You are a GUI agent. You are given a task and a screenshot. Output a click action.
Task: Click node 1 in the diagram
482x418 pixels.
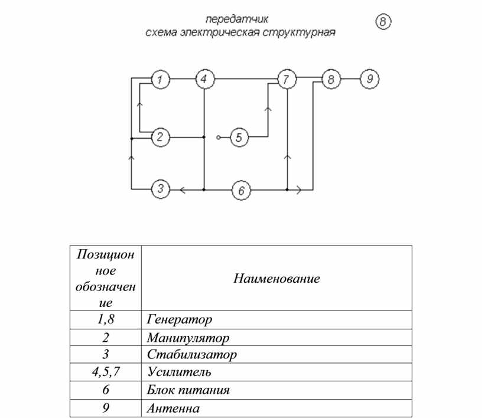161,79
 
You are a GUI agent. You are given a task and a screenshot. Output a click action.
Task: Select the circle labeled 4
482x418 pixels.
205,79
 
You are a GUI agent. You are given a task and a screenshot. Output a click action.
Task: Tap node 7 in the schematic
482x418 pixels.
287,79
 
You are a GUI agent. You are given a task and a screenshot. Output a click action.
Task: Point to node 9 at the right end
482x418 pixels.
369,79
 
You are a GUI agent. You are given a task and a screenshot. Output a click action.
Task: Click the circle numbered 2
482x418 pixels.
161,137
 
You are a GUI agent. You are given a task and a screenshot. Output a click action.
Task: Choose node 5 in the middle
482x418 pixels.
239,138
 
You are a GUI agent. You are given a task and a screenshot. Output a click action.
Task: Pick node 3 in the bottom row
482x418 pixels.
161,189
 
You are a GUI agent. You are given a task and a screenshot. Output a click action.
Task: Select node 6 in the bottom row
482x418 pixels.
241,190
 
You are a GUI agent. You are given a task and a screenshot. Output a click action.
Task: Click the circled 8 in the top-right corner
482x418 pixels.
383,21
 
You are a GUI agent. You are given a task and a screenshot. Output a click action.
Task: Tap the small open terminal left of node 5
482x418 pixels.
219,138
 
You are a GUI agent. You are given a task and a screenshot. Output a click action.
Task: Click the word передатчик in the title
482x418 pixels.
237,19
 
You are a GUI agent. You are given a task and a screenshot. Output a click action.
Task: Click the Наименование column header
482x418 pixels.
276,279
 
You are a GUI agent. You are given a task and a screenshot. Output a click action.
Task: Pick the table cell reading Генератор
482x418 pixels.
276,319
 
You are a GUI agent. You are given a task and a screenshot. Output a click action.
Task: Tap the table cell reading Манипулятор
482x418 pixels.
276,338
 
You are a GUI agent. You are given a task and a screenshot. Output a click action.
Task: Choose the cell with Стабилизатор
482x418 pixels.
276,354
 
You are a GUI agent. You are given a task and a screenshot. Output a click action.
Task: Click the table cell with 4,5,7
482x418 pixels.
105,372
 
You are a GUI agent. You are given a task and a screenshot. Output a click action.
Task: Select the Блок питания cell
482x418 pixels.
276,390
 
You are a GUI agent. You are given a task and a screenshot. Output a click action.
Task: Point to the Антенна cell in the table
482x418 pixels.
276,408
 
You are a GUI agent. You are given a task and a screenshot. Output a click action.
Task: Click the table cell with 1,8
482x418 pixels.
105,319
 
